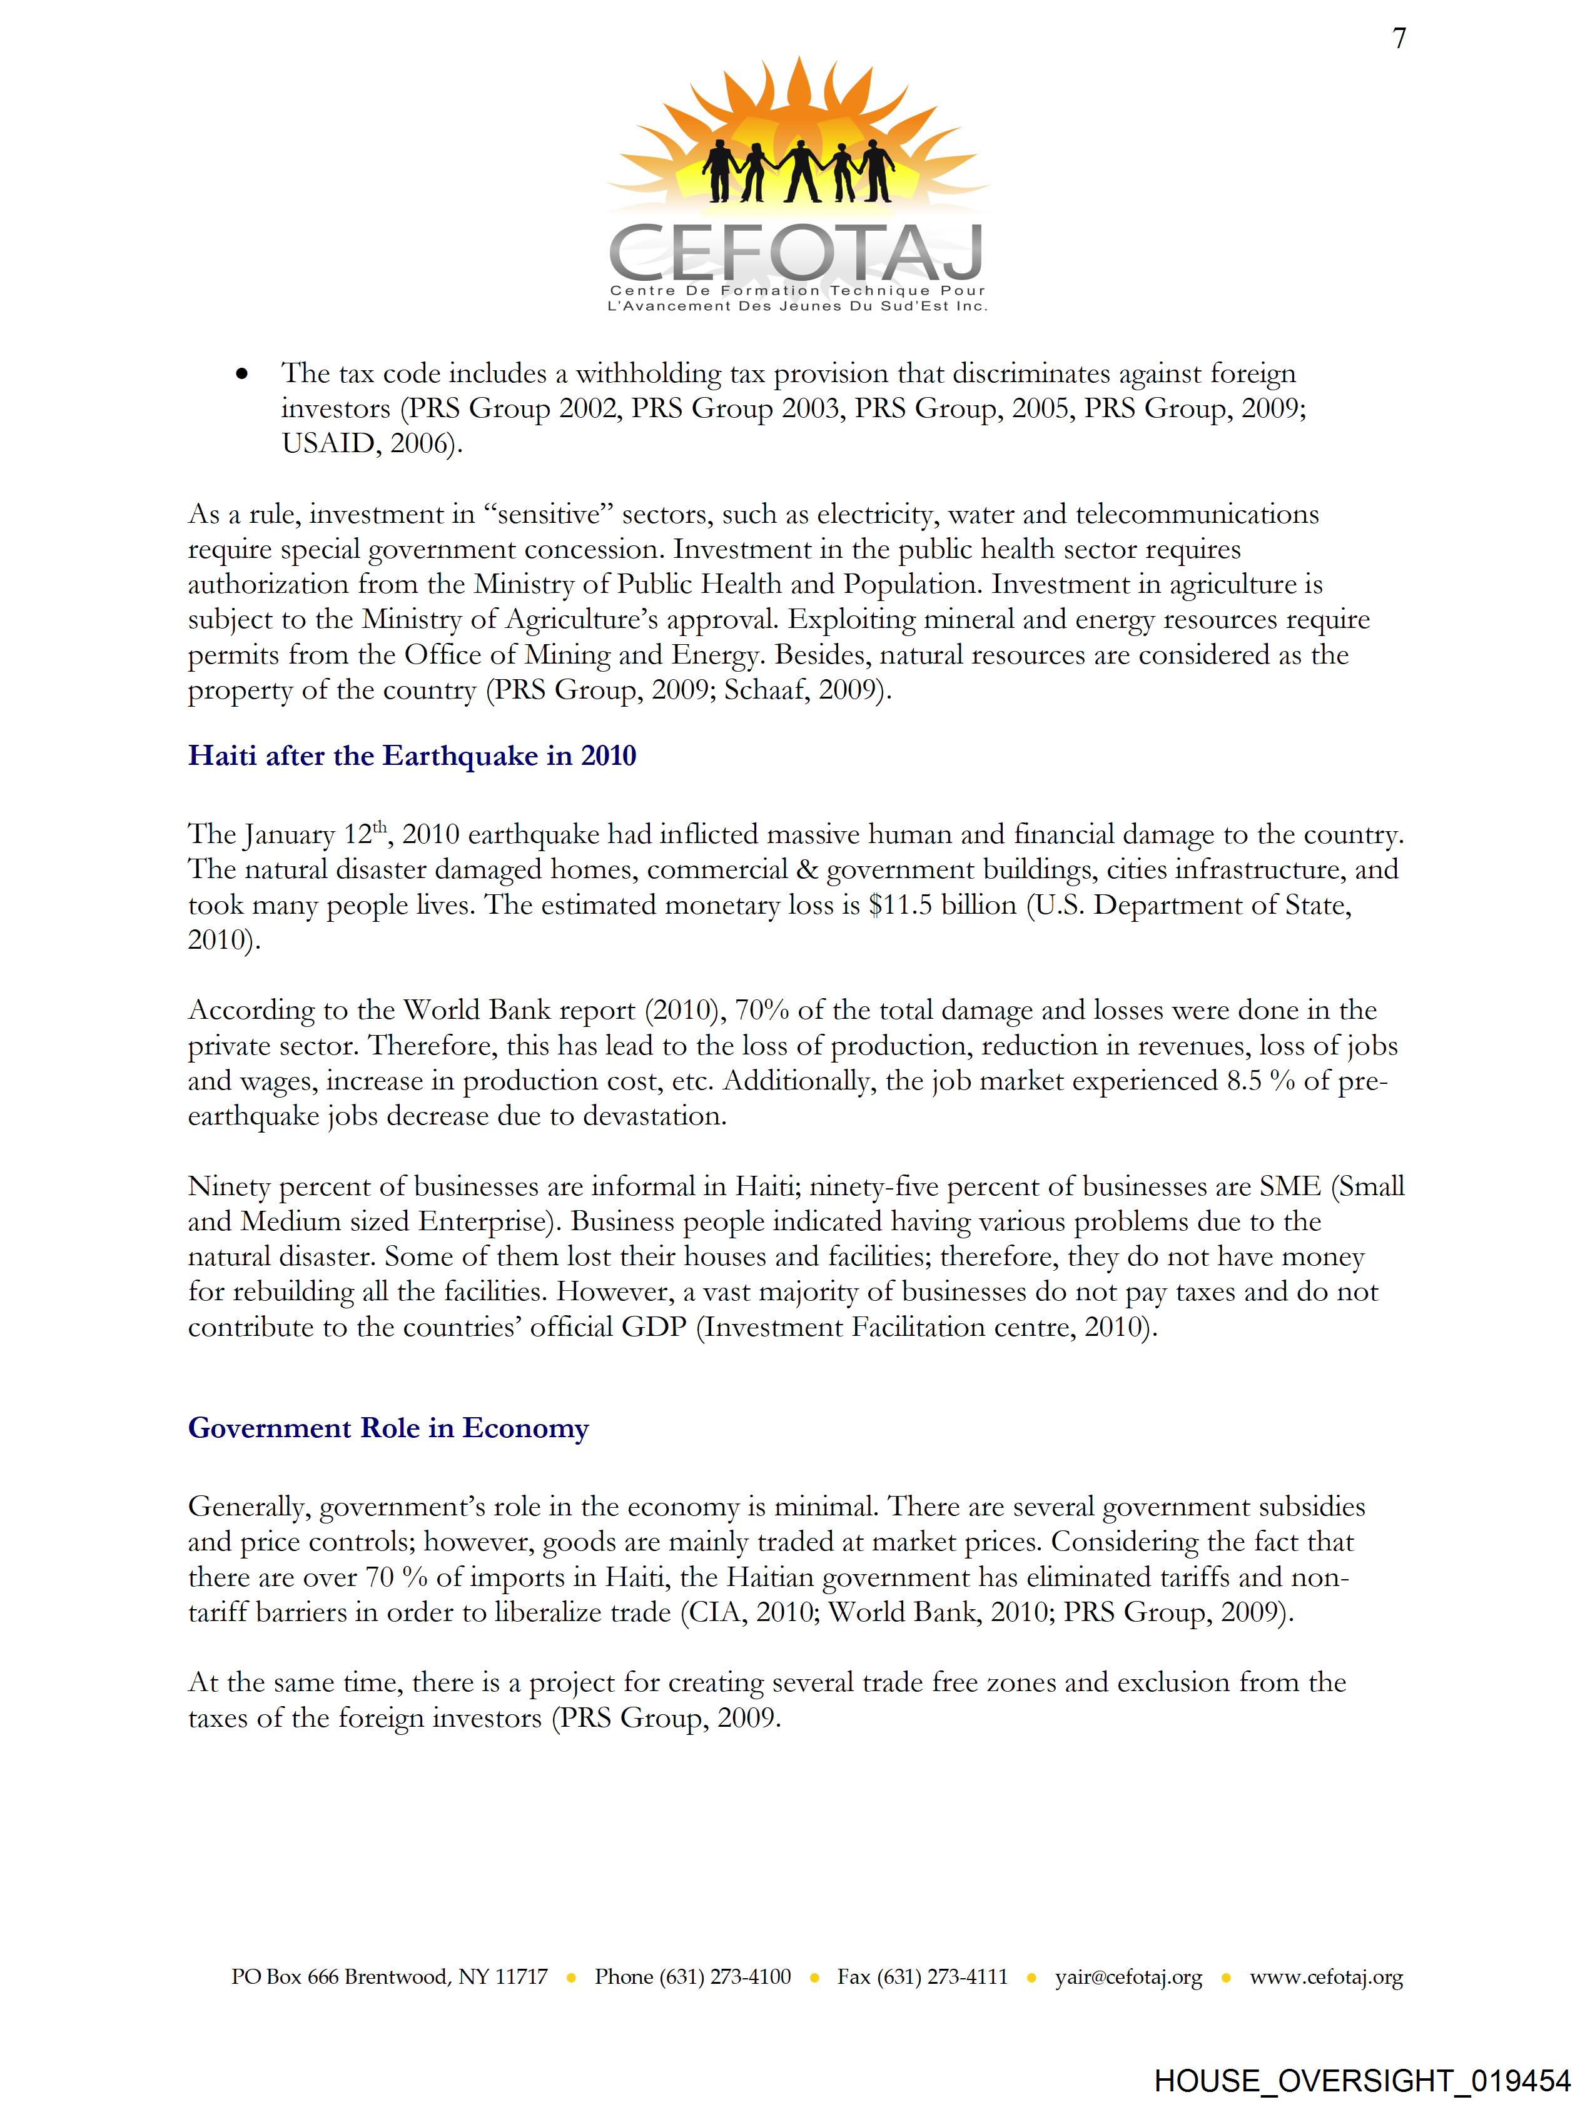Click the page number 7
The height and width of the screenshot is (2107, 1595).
tap(1399, 39)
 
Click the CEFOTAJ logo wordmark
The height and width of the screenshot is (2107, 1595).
tap(796, 251)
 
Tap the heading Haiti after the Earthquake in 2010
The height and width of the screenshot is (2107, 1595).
tap(412, 756)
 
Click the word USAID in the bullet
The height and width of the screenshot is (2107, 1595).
tap(329, 444)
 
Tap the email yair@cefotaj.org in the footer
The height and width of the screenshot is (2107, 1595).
tap(1128, 1976)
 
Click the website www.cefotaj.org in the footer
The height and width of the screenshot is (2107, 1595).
tap(1326, 1976)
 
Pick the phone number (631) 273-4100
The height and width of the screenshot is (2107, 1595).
tap(724, 1976)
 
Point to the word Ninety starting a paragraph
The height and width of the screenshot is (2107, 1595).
tap(228, 1187)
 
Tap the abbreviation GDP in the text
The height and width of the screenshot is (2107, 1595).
tap(654, 1327)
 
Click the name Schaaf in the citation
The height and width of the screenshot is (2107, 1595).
tap(763, 690)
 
